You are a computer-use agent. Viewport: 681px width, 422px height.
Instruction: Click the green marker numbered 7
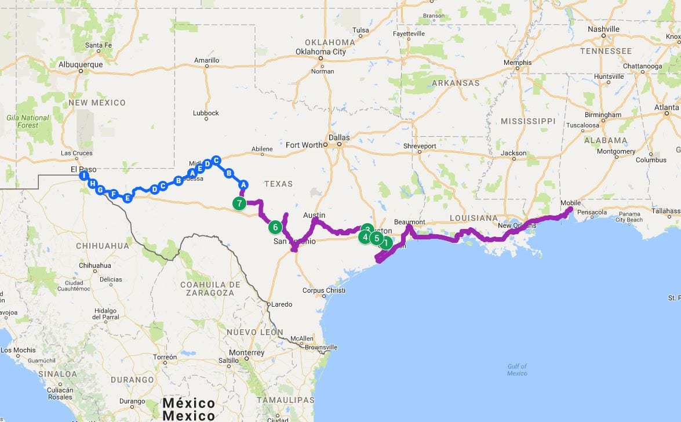click(x=239, y=203)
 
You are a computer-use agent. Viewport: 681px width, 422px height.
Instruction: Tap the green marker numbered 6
click(x=275, y=227)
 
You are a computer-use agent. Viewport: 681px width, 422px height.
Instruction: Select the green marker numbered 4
click(x=365, y=237)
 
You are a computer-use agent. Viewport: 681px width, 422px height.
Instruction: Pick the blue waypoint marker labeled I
click(x=85, y=176)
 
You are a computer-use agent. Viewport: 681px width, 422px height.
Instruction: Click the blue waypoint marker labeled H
click(x=93, y=184)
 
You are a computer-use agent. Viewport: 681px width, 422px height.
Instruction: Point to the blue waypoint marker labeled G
click(x=101, y=190)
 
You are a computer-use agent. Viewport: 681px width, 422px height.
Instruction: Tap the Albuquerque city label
click(x=81, y=64)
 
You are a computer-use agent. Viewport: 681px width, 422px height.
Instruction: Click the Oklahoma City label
click(x=321, y=52)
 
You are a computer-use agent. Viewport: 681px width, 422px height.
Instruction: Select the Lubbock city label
click(x=206, y=113)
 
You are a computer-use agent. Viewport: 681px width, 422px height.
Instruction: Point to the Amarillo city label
click(x=206, y=60)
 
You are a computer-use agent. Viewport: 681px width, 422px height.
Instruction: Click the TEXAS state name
click(x=279, y=184)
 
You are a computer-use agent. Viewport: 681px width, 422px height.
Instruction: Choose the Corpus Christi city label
click(x=323, y=290)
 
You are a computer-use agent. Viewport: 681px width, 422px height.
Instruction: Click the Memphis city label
click(x=518, y=63)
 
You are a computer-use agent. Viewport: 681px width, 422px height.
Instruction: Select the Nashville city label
click(x=603, y=29)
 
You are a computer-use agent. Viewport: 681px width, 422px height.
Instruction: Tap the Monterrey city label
click(x=246, y=352)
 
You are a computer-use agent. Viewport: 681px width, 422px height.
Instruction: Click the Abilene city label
click(x=262, y=149)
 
